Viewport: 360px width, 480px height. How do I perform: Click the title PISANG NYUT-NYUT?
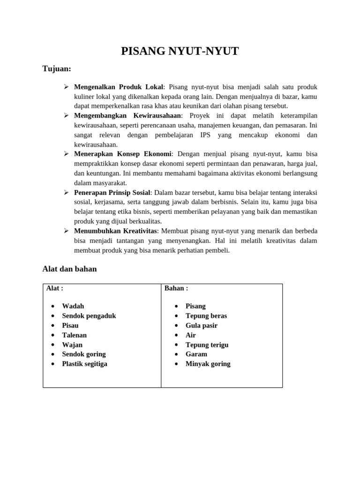point(180,51)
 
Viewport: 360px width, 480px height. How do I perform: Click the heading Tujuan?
point(57,69)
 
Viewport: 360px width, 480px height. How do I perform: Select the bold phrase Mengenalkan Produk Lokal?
point(119,87)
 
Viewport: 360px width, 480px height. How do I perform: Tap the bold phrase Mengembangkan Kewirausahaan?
point(127,115)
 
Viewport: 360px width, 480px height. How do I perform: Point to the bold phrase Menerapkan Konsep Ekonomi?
point(123,154)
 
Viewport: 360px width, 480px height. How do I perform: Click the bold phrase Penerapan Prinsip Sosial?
point(112,192)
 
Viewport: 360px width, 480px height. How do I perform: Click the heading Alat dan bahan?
point(69,269)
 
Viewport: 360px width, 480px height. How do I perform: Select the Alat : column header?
point(55,288)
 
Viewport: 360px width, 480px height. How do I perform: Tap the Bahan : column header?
point(176,288)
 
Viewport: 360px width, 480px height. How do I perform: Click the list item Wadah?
point(73,306)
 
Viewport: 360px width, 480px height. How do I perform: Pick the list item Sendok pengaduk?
point(89,316)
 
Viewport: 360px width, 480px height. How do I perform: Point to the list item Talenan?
point(75,335)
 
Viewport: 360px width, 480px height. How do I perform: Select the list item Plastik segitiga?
point(85,364)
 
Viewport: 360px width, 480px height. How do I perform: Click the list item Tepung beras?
point(206,316)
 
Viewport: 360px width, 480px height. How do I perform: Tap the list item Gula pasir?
point(202,325)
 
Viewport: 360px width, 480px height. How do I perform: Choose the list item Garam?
point(196,354)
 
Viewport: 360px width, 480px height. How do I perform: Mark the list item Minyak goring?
point(208,364)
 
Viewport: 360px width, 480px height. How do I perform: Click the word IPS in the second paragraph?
point(205,135)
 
